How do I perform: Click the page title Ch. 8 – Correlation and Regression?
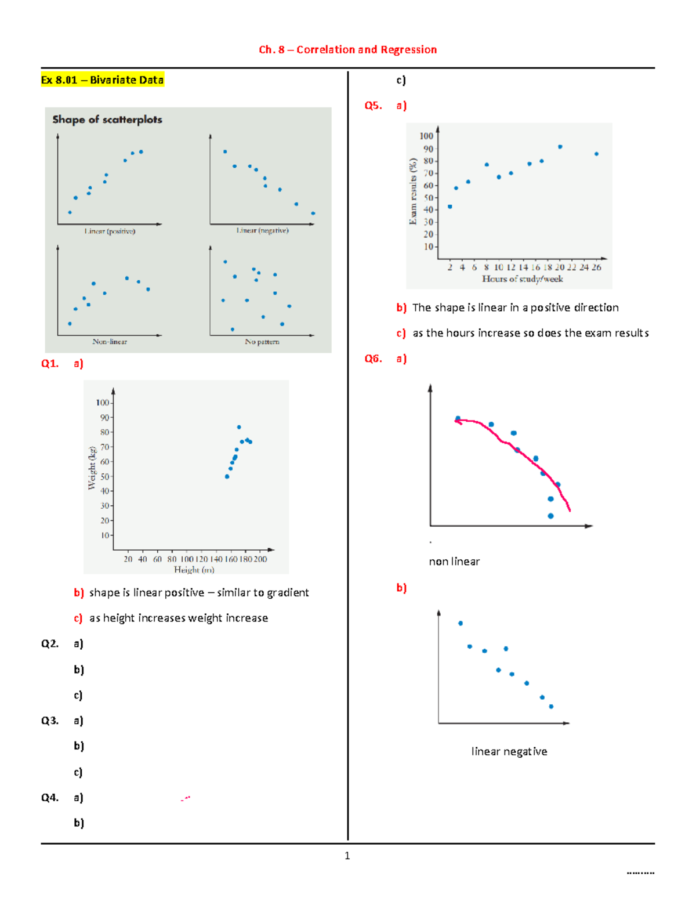pos(347,50)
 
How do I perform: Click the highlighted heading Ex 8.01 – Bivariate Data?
pos(102,80)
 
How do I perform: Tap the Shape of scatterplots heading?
pos(107,120)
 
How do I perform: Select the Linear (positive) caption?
pos(110,231)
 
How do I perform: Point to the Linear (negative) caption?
pos(262,230)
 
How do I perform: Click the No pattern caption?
pos(262,342)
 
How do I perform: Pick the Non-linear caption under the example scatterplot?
pos(110,342)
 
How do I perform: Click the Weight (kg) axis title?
pos(92,468)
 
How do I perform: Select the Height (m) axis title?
pos(194,570)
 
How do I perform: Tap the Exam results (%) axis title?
pos(413,191)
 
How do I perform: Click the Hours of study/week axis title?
pos(522,279)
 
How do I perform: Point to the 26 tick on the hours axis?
pos(596,267)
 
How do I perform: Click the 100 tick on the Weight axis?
pos(103,403)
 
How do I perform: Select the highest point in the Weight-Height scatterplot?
pos(239,427)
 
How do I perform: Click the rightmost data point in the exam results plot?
pos(596,154)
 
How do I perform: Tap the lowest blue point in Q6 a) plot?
pos(550,516)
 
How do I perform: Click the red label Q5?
pos(373,106)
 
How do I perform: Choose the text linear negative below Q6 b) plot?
pos(509,752)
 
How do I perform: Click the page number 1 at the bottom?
pos(347,856)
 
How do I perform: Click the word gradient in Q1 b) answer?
pos(287,593)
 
